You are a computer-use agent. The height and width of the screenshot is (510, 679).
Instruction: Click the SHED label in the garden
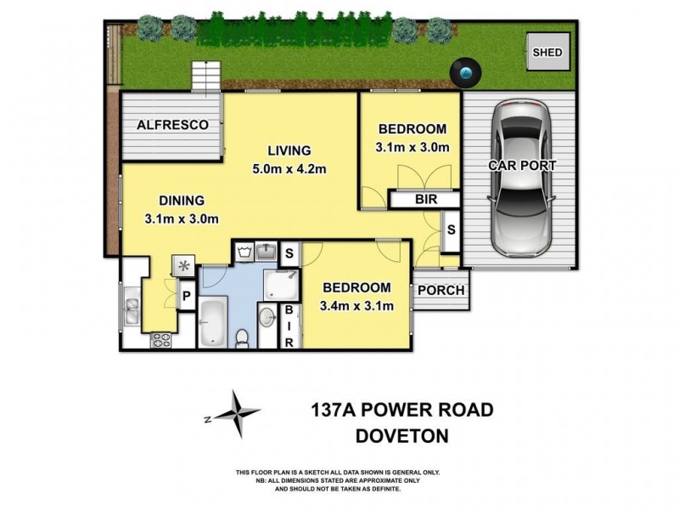(547, 53)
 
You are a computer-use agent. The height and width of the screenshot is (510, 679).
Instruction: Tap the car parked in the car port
(521, 178)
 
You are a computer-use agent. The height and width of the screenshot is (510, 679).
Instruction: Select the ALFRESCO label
(173, 125)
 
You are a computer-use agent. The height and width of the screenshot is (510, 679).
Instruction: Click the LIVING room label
(289, 150)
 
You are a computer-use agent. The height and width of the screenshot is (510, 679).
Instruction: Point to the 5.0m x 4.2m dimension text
(290, 168)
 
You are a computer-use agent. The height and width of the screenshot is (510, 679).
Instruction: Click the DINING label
(182, 201)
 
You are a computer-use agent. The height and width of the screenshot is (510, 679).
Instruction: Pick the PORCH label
(442, 291)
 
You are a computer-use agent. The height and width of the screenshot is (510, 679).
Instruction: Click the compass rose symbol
(237, 415)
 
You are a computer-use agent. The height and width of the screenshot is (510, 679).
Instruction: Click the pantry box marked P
(187, 297)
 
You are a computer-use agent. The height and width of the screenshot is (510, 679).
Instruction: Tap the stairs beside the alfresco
(205, 76)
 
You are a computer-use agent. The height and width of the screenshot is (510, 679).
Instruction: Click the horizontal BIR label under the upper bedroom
(425, 201)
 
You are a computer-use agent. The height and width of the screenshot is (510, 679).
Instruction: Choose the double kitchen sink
(132, 310)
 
